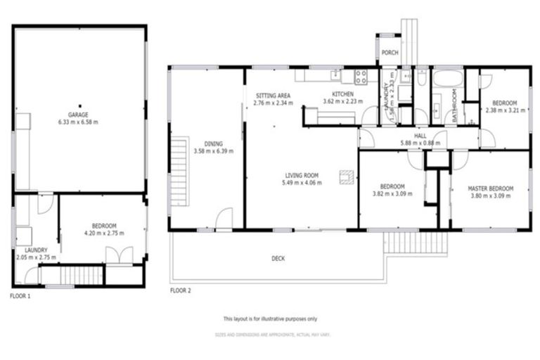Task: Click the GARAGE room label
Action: coord(78,115)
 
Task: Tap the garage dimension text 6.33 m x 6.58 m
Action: coord(78,122)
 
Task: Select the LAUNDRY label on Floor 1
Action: coord(35,250)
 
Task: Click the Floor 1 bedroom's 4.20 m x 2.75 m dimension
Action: coord(103,233)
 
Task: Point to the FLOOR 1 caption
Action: coord(20,296)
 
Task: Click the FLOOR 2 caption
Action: coord(180,290)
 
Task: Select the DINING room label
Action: coord(213,143)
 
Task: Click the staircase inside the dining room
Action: coord(180,171)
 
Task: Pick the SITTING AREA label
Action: coord(273,95)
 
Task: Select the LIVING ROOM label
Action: coord(302,176)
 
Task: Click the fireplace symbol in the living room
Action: coord(347,176)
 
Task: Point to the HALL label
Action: coord(420,136)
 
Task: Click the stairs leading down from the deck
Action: coord(415,243)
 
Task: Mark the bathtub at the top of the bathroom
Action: coord(446,77)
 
